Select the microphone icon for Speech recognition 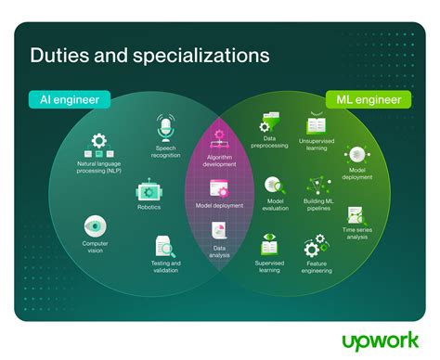point(166,127)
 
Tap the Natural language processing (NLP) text point(99,168)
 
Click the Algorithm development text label point(220,161)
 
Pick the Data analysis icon point(220,231)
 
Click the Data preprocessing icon point(270,122)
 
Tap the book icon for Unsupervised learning point(317,124)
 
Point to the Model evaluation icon point(274,186)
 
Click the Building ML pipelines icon point(317,184)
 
